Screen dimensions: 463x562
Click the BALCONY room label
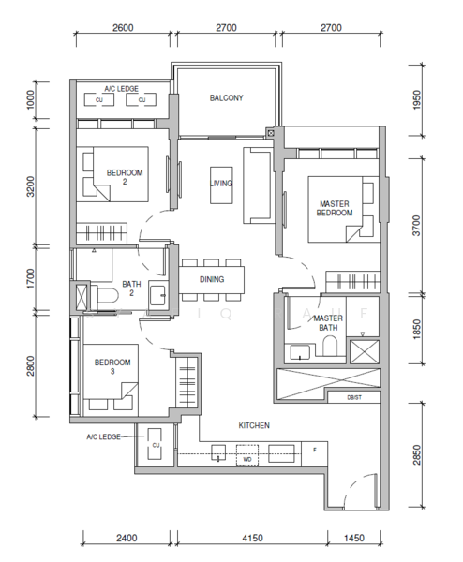(226, 97)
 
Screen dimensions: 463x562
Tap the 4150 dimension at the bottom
(252, 538)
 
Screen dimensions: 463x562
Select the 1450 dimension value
(354, 538)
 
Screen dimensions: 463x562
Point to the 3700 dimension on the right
(416, 226)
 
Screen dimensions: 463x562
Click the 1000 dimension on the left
(31, 99)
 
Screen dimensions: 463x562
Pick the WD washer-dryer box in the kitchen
(247, 455)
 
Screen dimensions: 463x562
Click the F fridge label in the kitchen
(315, 450)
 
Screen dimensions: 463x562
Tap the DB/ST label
(354, 397)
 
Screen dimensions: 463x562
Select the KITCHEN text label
(254, 425)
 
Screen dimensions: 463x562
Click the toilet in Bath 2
(104, 297)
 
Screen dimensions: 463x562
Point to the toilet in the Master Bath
(330, 346)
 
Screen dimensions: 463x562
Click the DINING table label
(212, 279)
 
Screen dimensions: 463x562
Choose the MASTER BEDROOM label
(335, 208)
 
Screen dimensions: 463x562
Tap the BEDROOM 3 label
(112, 366)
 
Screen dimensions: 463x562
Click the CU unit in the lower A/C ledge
(156, 445)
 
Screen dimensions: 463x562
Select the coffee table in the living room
(221, 185)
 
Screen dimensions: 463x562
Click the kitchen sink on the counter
(218, 452)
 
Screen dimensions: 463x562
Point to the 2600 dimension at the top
(123, 27)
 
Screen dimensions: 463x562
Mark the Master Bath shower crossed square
(365, 352)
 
